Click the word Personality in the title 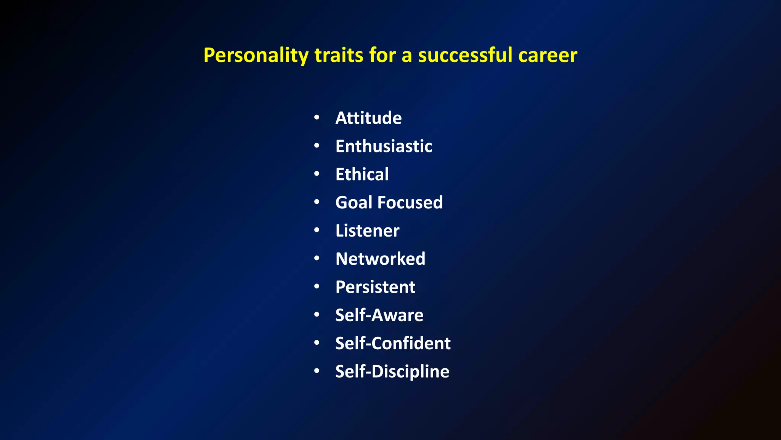pos(256,56)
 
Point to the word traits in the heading pos(339,55)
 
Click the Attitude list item pos(368,118)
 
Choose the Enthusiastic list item pos(384,146)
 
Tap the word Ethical pos(362,174)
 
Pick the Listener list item pos(367,231)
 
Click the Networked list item pos(380,259)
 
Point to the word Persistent pos(375,287)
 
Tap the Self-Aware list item pos(379,315)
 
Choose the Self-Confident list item pos(393,344)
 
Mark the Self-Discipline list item pos(392,372)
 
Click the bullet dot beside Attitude pos(317,118)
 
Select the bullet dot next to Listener pos(317,230)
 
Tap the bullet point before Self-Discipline pos(317,371)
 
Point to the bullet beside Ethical pos(317,174)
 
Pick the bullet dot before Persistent pos(317,287)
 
